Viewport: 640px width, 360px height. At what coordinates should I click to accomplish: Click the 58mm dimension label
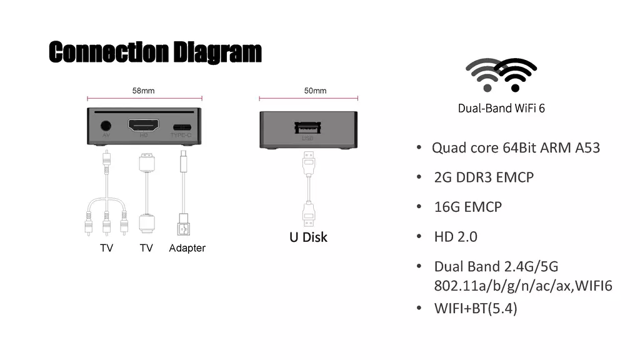pos(143,91)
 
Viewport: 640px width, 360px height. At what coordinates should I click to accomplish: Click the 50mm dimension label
pos(315,91)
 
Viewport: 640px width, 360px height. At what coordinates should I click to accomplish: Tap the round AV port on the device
pos(106,126)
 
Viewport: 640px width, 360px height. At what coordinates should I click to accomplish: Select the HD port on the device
pos(144,125)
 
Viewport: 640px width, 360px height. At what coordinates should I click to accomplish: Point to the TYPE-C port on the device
pos(182,127)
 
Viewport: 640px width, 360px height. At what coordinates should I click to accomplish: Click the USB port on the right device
pos(307,127)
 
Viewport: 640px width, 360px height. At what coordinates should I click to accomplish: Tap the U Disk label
pos(308,237)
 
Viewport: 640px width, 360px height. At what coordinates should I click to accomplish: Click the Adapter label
pos(187,248)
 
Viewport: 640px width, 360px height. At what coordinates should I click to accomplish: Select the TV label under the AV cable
pos(106,247)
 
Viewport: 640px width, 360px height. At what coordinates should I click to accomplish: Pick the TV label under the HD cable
pos(146,247)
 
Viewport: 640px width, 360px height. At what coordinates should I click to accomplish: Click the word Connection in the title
pos(109,52)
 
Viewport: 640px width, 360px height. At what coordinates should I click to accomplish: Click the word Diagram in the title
pos(217,52)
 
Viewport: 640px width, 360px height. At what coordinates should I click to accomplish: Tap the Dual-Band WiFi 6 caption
pos(501,108)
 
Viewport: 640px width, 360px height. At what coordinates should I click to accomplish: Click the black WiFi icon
pos(516,75)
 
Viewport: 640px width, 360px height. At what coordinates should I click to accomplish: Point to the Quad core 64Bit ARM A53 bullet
pos(516,147)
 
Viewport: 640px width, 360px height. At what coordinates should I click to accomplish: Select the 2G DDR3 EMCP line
pos(484,177)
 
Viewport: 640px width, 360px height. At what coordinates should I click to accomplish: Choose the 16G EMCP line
pos(467,207)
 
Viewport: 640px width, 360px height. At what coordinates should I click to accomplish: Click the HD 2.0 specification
pos(456,237)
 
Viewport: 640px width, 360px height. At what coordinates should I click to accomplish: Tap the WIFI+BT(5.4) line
pos(476,308)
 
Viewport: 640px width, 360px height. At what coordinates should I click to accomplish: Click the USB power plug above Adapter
pos(184,224)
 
